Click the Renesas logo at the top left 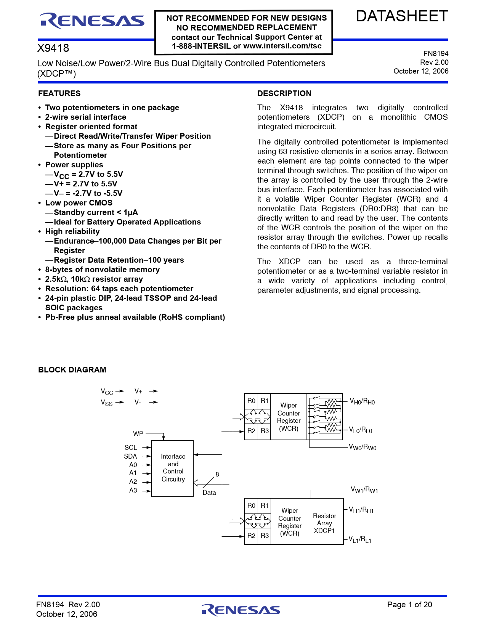pos(92,21)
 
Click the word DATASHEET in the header pos(402,16)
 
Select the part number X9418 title pos(53,48)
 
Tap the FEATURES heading pos(59,93)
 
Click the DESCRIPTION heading pos(284,93)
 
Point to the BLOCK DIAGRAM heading pos(72,370)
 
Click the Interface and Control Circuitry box pos(173,468)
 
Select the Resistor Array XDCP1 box pos(324,523)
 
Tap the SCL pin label pos(130,448)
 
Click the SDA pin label pos(130,456)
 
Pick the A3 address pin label pos(133,490)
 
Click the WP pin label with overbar pos(138,433)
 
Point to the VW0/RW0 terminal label pos(362,447)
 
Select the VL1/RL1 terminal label pos(360,540)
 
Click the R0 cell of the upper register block pos(251,401)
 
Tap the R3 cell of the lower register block pos(265,536)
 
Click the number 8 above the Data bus pos(217,474)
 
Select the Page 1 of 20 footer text pos(409,605)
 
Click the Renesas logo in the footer pos(241,610)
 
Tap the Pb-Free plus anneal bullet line pos(135,317)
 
